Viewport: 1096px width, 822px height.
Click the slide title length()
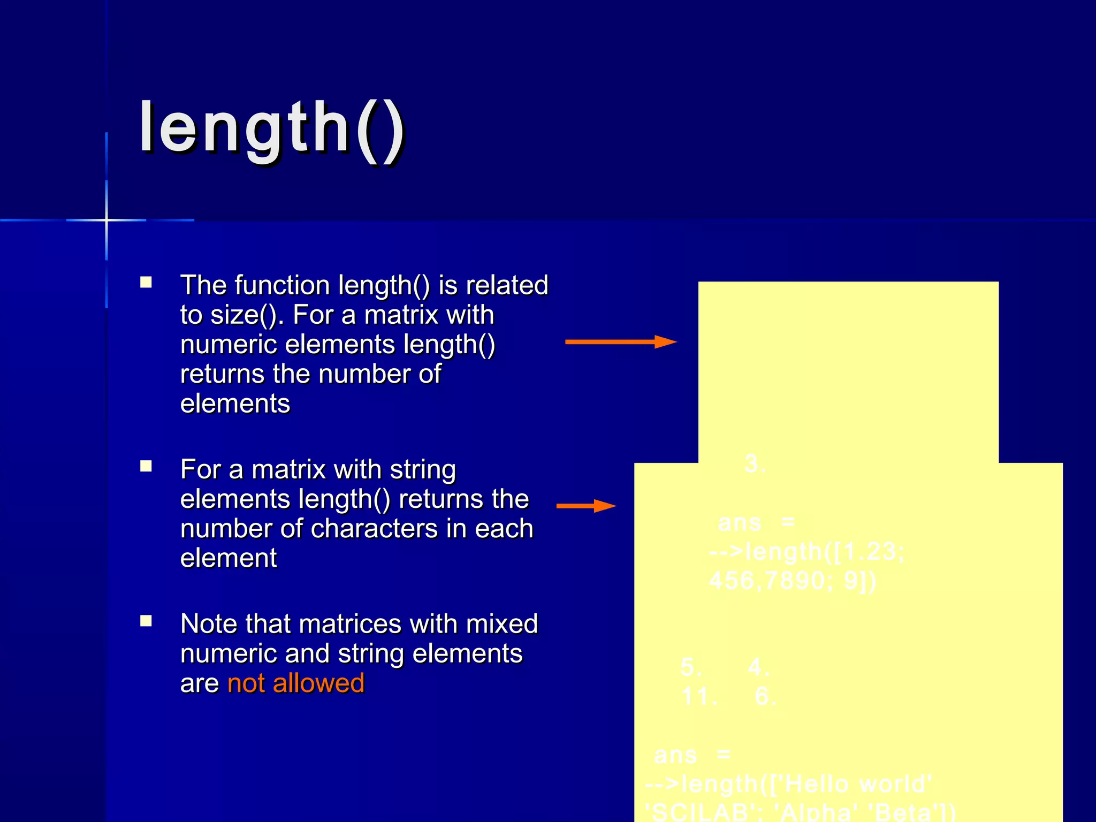[x=272, y=128]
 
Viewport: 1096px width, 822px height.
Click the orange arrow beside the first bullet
[x=621, y=341]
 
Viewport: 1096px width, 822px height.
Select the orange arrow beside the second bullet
[x=586, y=506]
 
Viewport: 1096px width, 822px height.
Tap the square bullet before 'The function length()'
[x=146, y=282]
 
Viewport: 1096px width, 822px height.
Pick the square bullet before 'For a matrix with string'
[x=146, y=466]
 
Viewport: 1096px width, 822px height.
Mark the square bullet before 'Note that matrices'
[x=146, y=621]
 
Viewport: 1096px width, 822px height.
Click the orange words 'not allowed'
[x=295, y=683]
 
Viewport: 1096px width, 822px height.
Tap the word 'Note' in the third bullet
[x=209, y=624]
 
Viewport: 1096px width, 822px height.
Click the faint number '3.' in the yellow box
[x=755, y=464]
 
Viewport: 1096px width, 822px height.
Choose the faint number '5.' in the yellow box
[x=691, y=667]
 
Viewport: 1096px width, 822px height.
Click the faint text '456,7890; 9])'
[x=793, y=581]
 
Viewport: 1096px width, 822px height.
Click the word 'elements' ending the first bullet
[x=235, y=404]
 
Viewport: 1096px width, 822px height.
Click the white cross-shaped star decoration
[x=106, y=220]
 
